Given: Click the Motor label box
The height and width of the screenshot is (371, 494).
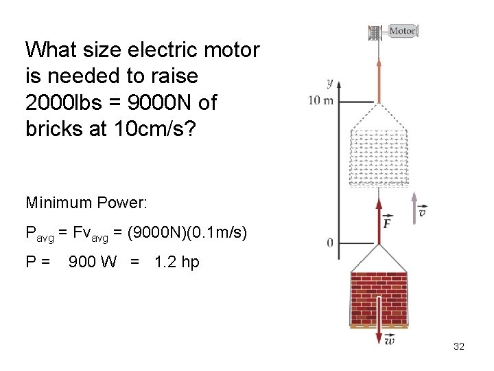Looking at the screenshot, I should click(403, 30).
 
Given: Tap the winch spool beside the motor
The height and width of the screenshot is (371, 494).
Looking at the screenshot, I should click(374, 32).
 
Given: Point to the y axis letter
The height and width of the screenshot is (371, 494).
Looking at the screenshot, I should click(329, 83).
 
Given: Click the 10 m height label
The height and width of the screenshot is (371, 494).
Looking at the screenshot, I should click(321, 101).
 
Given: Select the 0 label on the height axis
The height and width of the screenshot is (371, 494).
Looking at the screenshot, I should click(329, 243).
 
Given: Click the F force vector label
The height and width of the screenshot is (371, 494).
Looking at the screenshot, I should click(388, 223).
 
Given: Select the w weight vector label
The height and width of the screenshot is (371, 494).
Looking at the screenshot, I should click(389, 339).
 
